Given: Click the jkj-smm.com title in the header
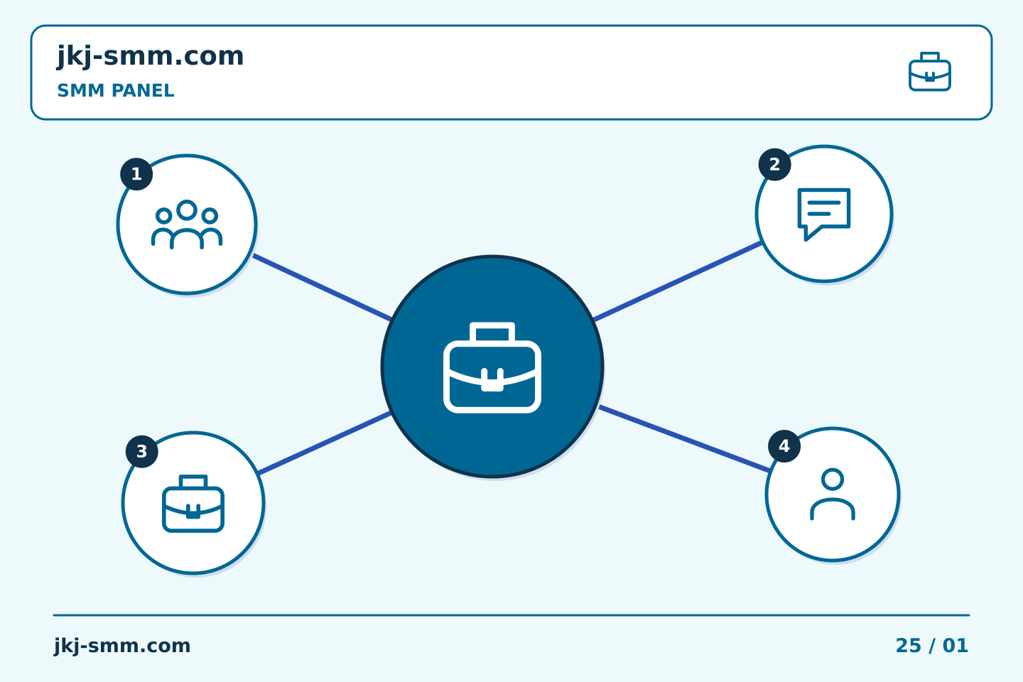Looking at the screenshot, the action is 151,56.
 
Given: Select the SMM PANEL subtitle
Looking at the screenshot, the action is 116,90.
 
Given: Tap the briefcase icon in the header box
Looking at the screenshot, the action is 929,72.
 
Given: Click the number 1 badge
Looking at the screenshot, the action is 136,174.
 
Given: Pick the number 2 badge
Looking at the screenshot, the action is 774,164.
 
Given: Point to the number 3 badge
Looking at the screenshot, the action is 142,452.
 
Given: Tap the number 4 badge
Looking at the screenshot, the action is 784,446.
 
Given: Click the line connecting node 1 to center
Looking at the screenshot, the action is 322,287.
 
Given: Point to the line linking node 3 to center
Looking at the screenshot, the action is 324,443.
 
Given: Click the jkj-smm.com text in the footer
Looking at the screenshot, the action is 122,646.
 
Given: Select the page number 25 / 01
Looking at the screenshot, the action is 931,646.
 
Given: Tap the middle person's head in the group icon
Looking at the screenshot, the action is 187,210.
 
